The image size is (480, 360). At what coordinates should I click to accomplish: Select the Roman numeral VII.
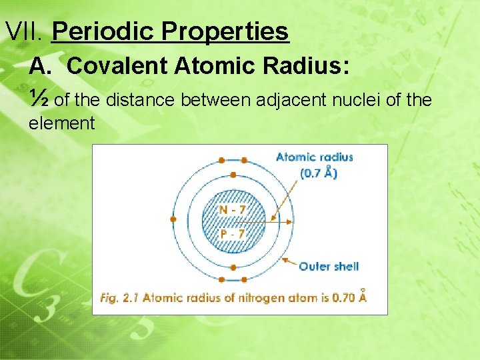pyautogui.click(x=24, y=31)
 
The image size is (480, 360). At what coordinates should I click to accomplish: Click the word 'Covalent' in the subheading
pyautogui.click(x=116, y=66)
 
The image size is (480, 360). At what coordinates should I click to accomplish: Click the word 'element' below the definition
pyautogui.click(x=62, y=123)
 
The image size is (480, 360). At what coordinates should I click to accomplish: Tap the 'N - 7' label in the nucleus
pyautogui.click(x=232, y=210)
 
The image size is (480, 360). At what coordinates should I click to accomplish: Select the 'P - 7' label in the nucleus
pyautogui.click(x=232, y=234)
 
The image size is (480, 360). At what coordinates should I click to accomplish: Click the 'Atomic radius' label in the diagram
pyautogui.click(x=314, y=157)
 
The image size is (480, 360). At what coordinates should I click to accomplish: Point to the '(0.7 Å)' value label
pyautogui.click(x=318, y=173)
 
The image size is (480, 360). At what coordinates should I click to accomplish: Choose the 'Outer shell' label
pyautogui.click(x=329, y=266)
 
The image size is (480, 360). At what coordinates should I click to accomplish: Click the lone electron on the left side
pyautogui.click(x=173, y=219)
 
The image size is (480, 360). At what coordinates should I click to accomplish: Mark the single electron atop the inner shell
pyautogui.click(x=233, y=175)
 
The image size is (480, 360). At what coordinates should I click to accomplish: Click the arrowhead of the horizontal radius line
pyautogui.click(x=289, y=221)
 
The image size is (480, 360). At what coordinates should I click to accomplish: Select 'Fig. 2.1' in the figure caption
pyautogui.click(x=119, y=298)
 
